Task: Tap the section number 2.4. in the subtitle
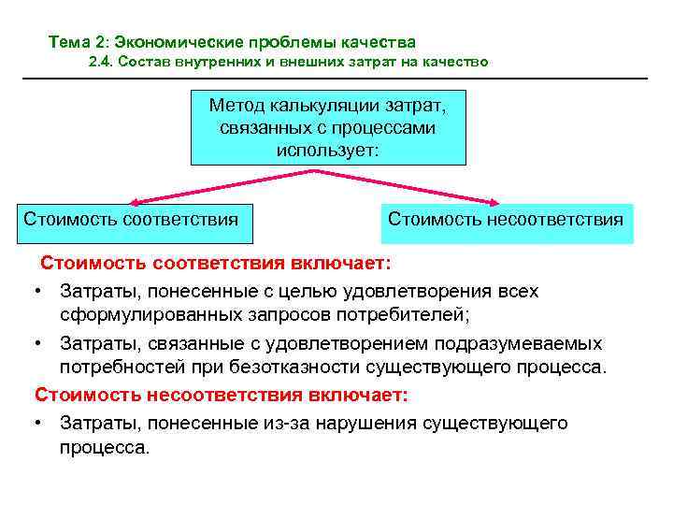click(x=102, y=63)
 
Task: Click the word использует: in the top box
click(x=328, y=149)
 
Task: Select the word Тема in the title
click(x=68, y=42)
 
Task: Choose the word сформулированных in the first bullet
click(x=138, y=312)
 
